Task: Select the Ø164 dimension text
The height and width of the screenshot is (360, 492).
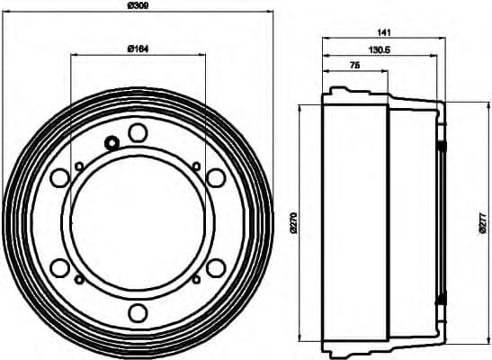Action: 137,47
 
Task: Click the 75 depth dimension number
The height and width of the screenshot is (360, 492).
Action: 355,67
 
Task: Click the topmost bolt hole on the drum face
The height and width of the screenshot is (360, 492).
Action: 137,132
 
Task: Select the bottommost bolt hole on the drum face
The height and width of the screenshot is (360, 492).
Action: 137,312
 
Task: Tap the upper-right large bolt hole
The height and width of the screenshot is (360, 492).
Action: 215,177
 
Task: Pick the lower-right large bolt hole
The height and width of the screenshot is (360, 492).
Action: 215,267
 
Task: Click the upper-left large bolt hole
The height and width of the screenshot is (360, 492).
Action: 59,177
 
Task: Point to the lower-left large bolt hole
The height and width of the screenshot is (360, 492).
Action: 59,267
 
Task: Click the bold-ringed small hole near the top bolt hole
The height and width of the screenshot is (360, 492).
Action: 112,142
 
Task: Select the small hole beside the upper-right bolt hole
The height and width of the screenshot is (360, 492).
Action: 196,165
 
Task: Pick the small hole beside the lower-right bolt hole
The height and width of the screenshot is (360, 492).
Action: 196,280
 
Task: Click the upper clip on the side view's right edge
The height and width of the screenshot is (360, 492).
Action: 442,147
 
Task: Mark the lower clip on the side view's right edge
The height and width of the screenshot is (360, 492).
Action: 442,298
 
